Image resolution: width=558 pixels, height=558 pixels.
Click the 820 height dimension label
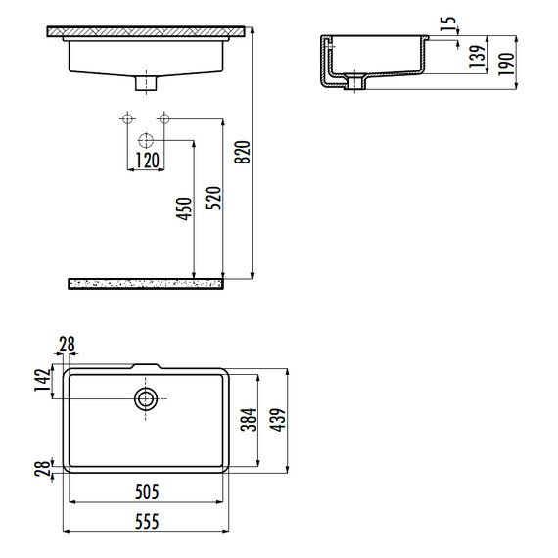pyautogui.click(x=243, y=153)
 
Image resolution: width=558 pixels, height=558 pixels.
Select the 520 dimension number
pyautogui.click(x=213, y=198)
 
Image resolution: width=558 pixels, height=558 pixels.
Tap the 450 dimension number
pyautogui.click(x=184, y=209)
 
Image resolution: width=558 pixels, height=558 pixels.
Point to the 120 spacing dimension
pyautogui.click(x=147, y=161)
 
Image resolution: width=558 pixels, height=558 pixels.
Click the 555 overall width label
pyautogui.click(x=147, y=522)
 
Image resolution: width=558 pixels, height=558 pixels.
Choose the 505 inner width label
pyautogui.click(x=147, y=492)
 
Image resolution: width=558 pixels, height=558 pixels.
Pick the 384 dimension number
pyautogui.click(x=249, y=420)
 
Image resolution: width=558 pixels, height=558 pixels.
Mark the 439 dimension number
pyautogui.click(x=278, y=420)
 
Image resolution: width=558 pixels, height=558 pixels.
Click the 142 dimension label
pyautogui.click(x=43, y=380)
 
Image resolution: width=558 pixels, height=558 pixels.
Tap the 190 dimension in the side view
pyautogui.click(x=506, y=64)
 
